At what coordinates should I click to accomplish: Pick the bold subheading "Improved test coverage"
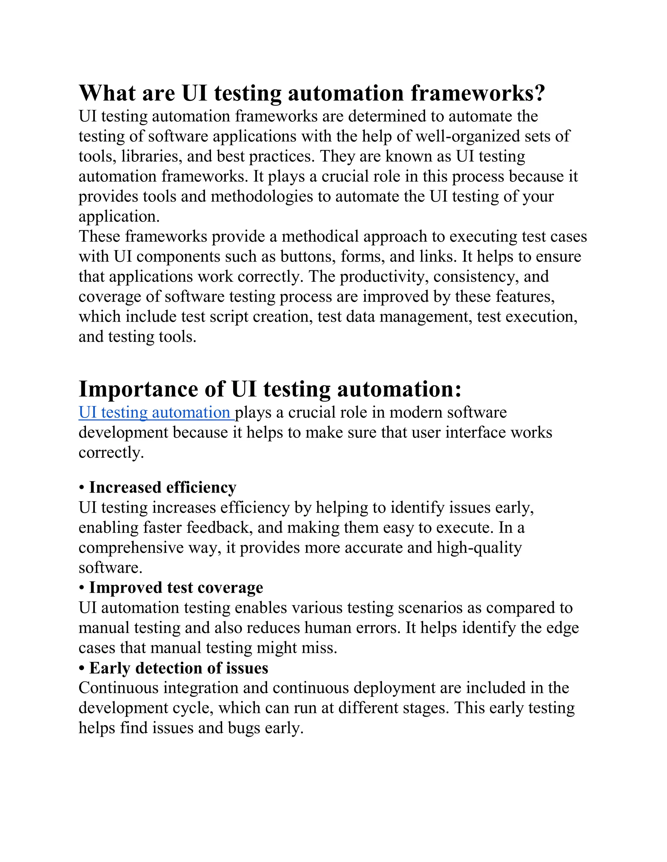coord(176,588)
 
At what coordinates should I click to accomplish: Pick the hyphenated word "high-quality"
coord(479,548)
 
